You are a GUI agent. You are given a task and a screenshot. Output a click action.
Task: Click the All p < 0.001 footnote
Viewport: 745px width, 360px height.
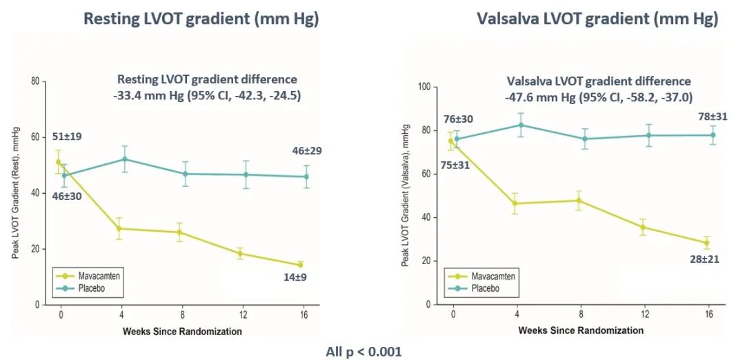364,351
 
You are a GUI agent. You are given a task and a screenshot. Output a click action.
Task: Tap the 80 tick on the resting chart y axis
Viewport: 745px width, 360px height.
34,81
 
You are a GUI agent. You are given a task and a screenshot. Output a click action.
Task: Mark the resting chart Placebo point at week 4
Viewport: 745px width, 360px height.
125,159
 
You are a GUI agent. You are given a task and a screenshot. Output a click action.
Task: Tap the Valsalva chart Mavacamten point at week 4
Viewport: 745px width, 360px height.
515,203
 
